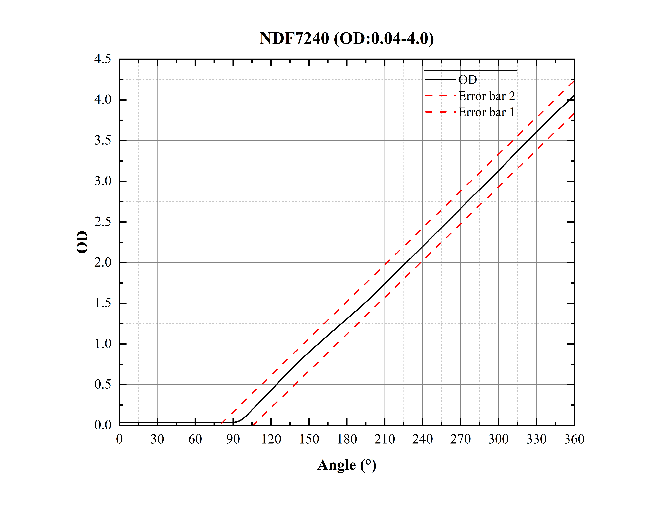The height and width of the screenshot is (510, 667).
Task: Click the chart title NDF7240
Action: coord(346,39)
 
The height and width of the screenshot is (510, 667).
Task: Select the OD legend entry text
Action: coord(467,80)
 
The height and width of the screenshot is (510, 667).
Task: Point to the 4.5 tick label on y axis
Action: coord(103,59)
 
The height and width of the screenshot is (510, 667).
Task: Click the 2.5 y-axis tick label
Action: coord(103,222)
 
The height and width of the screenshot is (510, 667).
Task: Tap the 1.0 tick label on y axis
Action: coord(103,344)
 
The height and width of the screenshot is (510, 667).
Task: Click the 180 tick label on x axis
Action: coord(347,439)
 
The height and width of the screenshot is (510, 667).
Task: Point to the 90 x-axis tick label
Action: coord(233,439)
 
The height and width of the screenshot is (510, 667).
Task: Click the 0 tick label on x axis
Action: coord(119,439)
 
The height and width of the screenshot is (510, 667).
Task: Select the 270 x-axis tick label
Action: coord(460,439)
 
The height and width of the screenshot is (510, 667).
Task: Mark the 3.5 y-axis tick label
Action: coord(103,141)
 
